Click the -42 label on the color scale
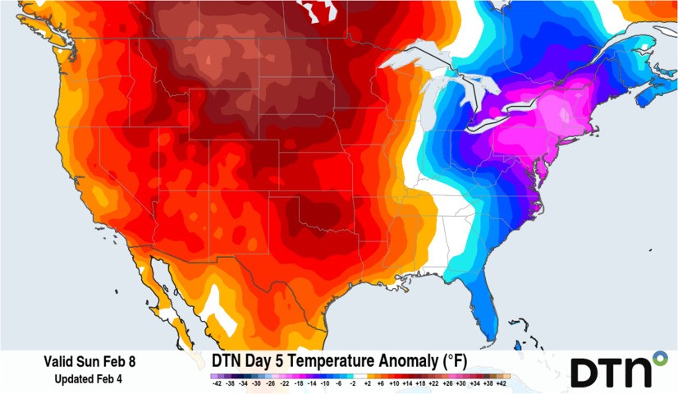[217, 383]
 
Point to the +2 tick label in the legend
[368, 383]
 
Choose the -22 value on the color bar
[285, 383]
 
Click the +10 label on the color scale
[395, 383]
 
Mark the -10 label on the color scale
[326, 383]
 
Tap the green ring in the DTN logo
[659, 359]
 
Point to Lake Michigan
[436, 107]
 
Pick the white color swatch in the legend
[360, 375]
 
